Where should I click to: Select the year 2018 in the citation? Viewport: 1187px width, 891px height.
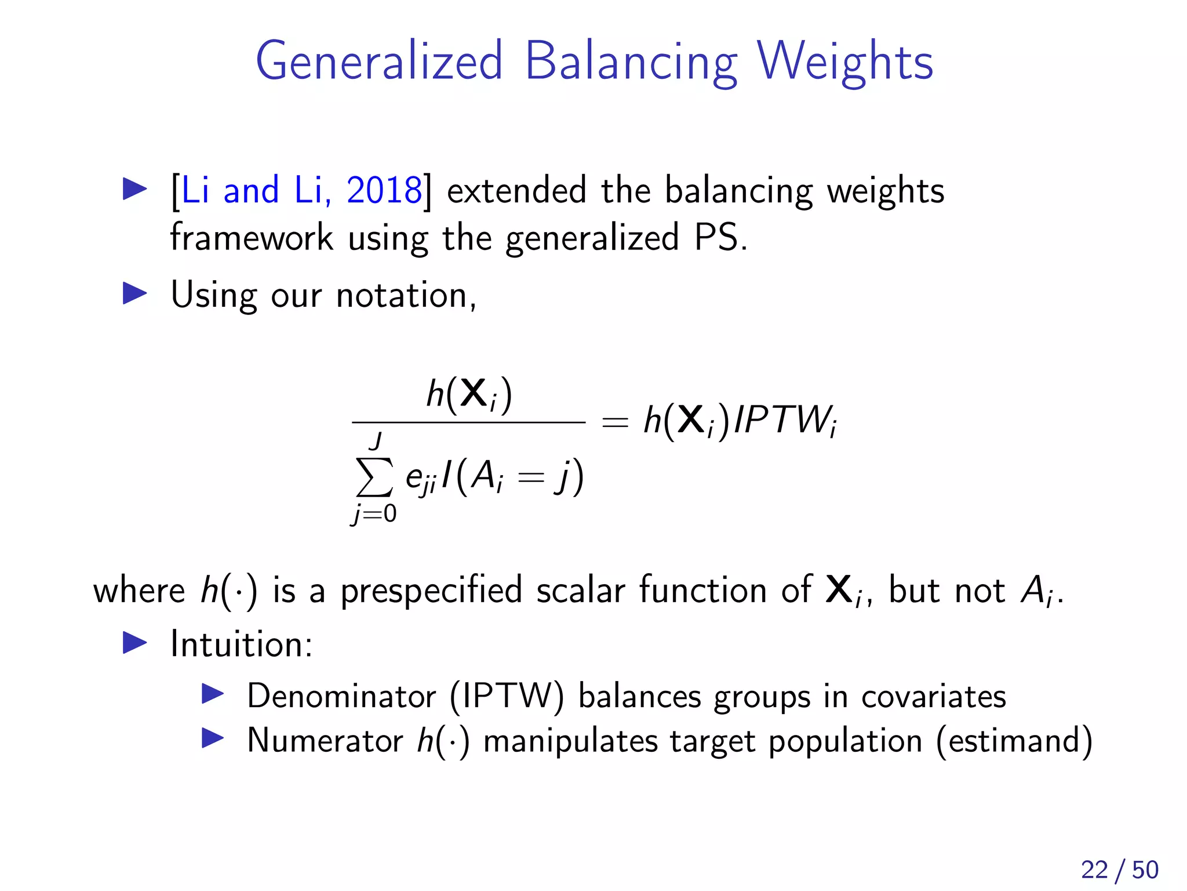pos(384,190)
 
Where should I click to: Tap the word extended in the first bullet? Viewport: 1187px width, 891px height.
pos(516,190)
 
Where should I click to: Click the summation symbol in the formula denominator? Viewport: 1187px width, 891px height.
pos(374,477)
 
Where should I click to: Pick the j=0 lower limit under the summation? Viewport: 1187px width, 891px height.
pos(374,514)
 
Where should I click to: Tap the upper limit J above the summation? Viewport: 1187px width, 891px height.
pos(376,441)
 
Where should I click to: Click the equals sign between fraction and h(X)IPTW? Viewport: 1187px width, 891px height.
pos(615,422)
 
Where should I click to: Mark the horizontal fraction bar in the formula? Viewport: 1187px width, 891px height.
pos(468,422)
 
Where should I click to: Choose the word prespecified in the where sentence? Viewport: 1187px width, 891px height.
pos(431,591)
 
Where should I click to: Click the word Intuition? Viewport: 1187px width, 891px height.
pos(241,644)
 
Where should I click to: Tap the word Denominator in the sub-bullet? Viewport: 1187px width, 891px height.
pos(341,696)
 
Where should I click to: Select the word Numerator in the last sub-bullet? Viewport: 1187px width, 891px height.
pos(325,741)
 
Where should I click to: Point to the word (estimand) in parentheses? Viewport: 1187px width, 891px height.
pos(1014,741)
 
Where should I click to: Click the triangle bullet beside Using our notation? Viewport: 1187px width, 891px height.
pos(135,294)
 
